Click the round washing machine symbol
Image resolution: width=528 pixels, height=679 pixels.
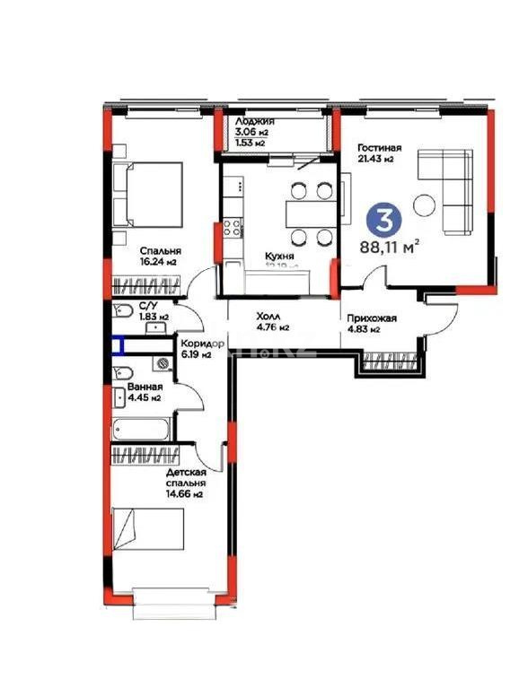pos(163,363)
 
